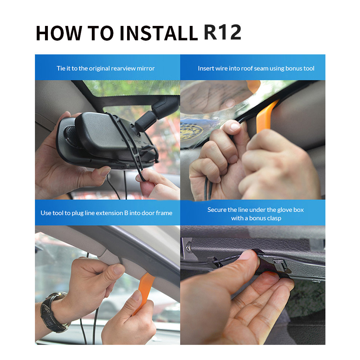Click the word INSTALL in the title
coord(159,33)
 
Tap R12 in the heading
coord(222,32)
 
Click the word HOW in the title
coord(59,33)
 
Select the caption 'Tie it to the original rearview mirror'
coord(105,68)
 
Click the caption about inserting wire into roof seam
coord(256,68)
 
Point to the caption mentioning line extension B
coord(106,213)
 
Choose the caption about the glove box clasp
coord(256,214)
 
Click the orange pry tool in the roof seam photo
coord(265,116)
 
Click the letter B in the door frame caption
coord(126,213)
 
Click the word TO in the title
coord(100,33)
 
